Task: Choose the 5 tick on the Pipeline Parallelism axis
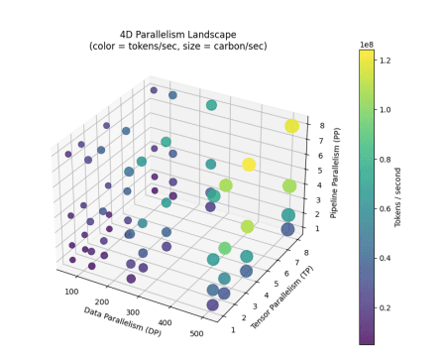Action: coord(316,170)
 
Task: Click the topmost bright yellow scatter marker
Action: coord(291,126)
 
